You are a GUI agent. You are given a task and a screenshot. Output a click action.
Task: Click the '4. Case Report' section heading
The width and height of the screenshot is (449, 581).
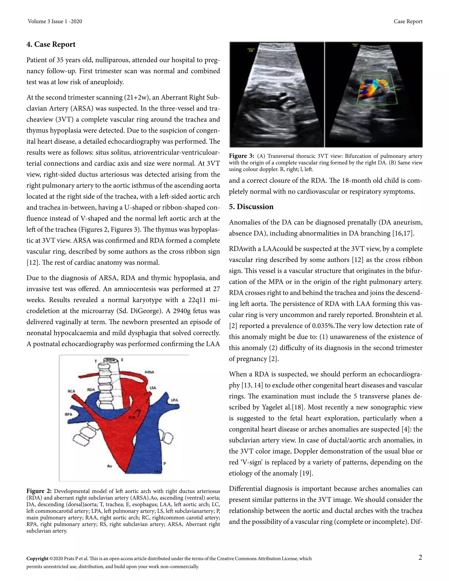click(51, 45)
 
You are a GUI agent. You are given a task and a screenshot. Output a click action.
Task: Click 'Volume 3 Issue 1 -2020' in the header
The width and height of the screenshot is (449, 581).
click(55, 21)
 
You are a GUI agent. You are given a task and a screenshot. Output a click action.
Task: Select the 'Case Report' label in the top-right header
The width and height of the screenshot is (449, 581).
click(408, 21)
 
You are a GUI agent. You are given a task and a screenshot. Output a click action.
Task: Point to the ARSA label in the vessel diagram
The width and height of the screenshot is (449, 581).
click(150, 372)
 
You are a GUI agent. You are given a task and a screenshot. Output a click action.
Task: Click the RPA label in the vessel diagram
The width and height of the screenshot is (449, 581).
click(69, 414)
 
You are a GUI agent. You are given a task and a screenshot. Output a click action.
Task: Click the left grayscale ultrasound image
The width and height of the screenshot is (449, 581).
click(277, 94)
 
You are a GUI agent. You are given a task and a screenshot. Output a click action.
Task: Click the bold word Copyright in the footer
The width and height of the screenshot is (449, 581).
click(37, 559)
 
